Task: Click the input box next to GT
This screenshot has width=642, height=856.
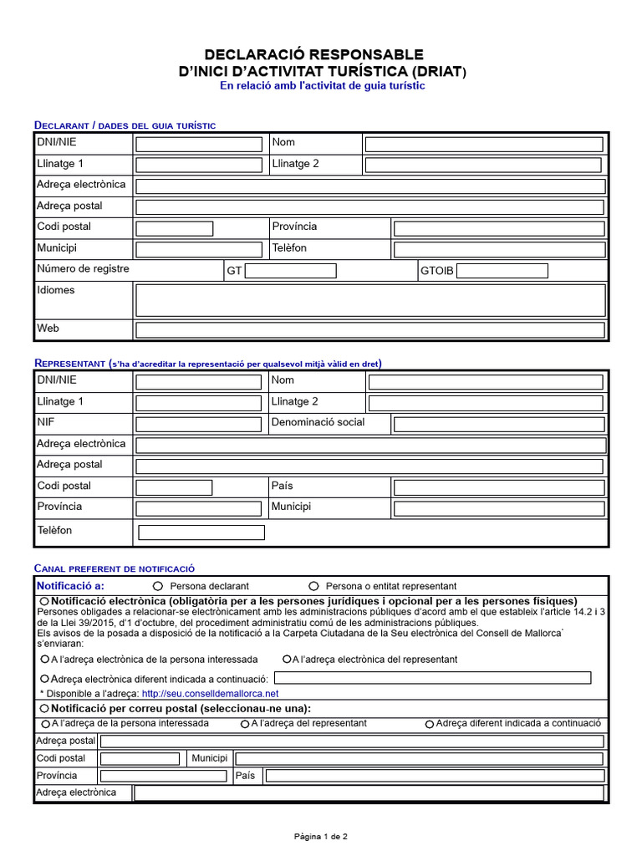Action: [290, 271]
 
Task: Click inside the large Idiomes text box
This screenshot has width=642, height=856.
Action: [369, 300]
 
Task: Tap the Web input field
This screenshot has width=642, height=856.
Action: [369, 329]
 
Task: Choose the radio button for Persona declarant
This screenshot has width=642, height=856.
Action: [158, 586]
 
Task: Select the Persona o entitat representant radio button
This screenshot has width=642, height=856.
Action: [314, 586]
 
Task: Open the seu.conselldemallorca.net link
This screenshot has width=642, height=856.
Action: [210, 694]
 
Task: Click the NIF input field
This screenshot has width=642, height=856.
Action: [199, 424]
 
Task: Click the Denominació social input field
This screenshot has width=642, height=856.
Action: [499, 424]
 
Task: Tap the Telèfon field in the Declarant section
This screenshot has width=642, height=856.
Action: [499, 249]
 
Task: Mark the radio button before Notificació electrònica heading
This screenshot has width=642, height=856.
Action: [44, 602]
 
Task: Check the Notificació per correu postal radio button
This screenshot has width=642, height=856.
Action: [44, 708]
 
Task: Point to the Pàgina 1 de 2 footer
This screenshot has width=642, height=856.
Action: [320, 836]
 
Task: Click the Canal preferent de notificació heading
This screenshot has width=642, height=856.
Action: [114, 568]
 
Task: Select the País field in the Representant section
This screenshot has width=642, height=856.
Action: [499, 487]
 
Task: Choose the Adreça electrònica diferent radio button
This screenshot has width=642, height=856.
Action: [45, 679]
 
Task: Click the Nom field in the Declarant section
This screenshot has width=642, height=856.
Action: [483, 144]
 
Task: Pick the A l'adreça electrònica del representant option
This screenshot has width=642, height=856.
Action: [287, 659]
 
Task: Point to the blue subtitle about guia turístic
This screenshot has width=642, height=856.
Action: [322, 86]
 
